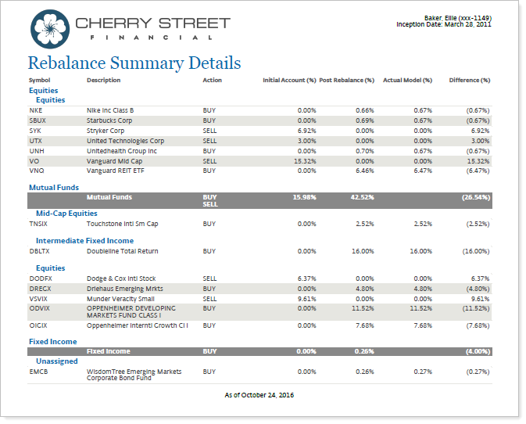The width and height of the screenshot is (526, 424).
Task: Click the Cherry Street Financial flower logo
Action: [49, 28]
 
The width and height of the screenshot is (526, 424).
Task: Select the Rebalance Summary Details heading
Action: [134, 63]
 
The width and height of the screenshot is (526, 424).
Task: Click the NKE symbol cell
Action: [35, 110]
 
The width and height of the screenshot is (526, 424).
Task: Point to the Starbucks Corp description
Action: [109, 120]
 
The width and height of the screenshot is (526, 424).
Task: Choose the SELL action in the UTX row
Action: [209, 141]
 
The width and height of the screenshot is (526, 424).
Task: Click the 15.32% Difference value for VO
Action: [478, 160]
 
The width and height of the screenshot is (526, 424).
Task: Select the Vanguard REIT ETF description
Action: [115, 170]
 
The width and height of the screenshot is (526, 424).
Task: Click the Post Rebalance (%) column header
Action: [347, 81]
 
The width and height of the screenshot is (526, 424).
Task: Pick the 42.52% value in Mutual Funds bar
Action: [363, 198]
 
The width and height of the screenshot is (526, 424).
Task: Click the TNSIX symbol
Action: [39, 224]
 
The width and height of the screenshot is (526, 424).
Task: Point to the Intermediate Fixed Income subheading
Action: [84, 241]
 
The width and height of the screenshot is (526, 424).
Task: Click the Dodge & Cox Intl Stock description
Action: [120, 278]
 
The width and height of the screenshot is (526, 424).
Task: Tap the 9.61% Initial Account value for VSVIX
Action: [306, 299]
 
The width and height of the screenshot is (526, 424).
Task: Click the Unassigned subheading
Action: [57, 361]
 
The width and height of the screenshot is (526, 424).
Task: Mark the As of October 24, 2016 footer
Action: [259, 395]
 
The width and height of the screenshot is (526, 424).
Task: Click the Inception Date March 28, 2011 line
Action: [444, 24]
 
